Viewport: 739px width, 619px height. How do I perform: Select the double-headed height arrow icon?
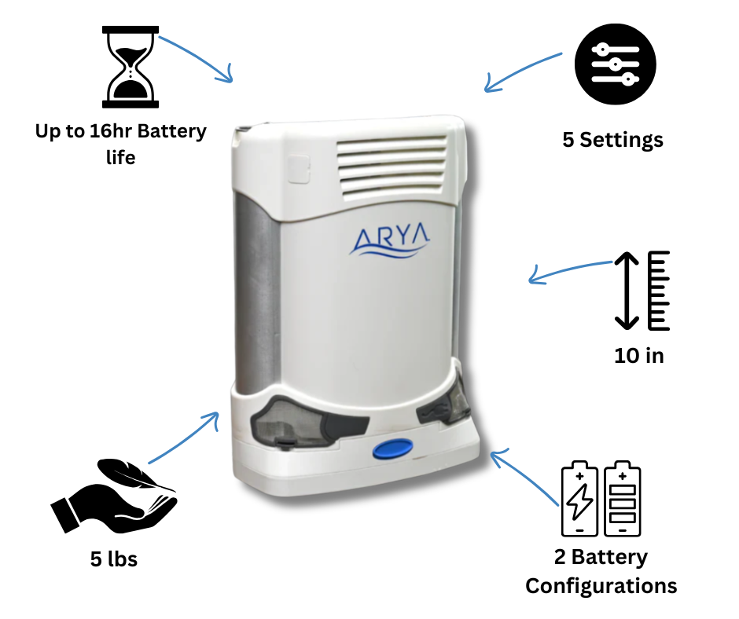626,291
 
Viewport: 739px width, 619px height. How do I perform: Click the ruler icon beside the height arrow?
658,291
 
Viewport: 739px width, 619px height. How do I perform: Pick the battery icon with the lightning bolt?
579,498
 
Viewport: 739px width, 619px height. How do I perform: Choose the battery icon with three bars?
622,498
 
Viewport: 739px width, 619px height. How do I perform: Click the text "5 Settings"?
612,140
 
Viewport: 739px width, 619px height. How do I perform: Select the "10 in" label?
638,355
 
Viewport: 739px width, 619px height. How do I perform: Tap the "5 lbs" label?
114,559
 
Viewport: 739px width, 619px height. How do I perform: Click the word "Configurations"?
601,586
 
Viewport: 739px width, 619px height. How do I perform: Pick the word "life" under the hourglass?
120,157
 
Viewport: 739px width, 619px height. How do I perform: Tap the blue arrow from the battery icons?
524,474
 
